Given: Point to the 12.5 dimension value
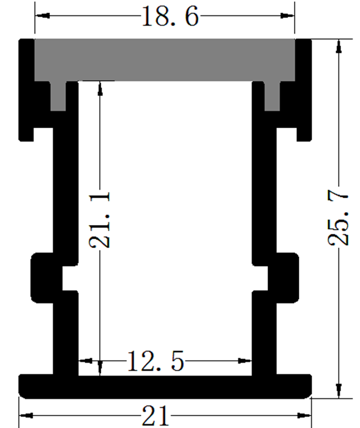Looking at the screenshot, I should [156, 362].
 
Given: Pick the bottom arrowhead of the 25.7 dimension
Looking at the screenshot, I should [338, 391].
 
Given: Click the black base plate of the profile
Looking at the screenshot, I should [165, 387].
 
